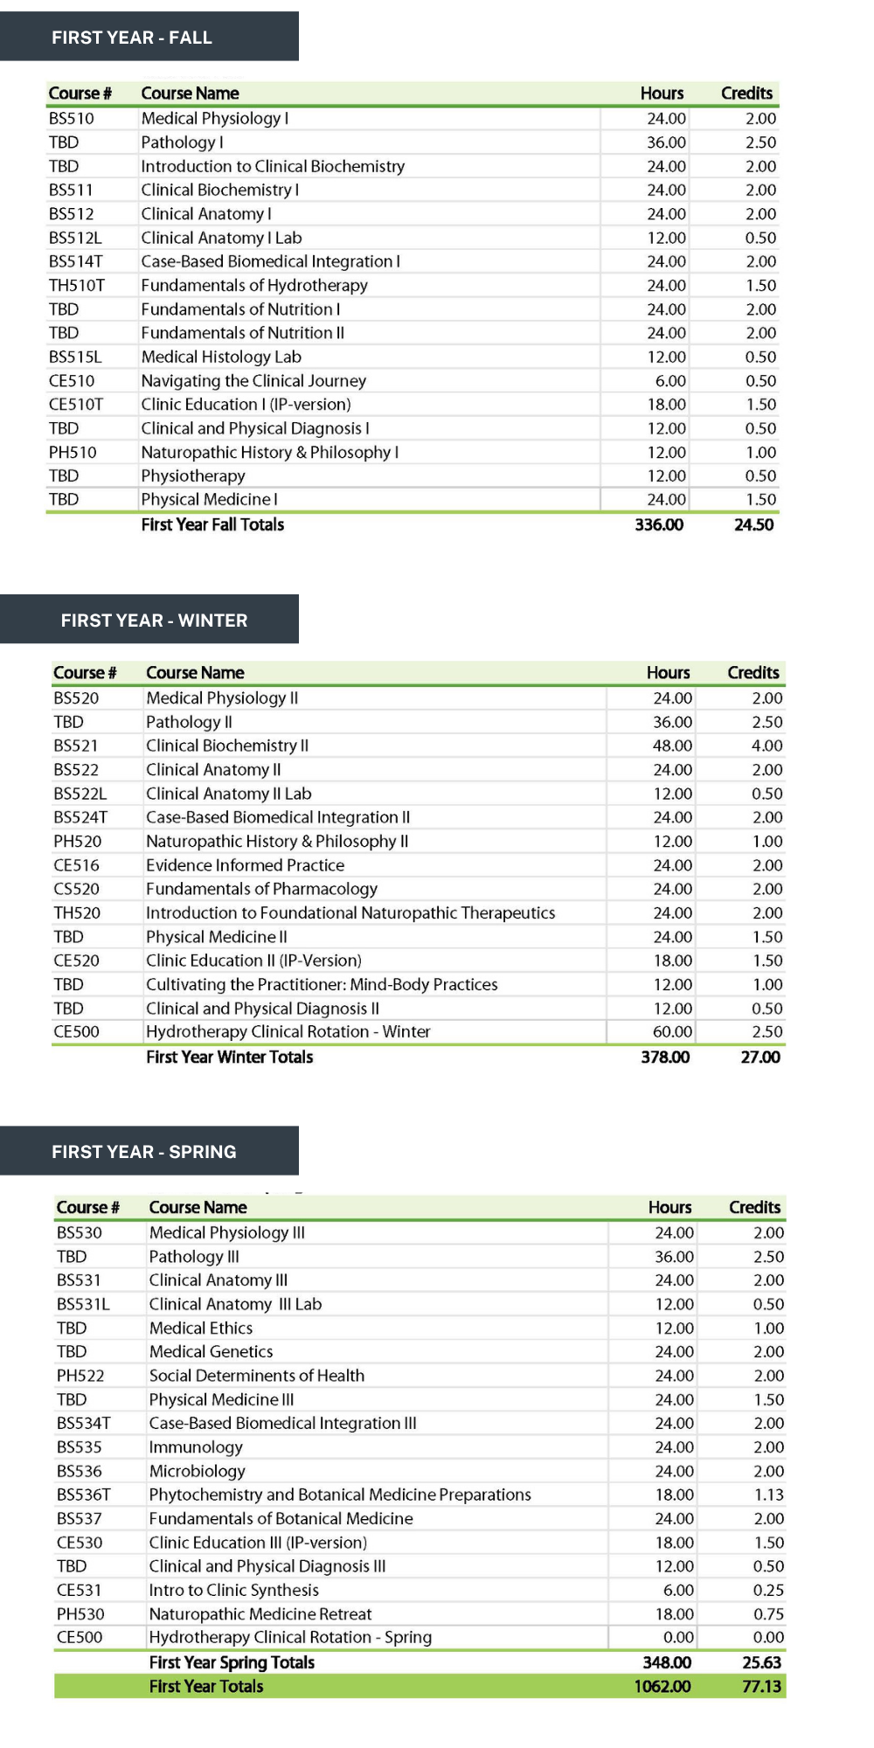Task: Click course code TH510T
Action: coord(76,286)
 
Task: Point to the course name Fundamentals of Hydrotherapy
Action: coord(254,286)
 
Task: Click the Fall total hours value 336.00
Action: coord(659,525)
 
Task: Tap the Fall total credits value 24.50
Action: coord(753,525)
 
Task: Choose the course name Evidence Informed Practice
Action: coord(245,865)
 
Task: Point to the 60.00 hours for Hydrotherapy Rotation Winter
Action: coord(672,1032)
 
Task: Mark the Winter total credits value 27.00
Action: coord(760,1058)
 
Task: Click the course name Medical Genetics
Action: coord(211,1352)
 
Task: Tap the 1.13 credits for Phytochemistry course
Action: coord(768,1495)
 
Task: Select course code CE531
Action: coord(79,1591)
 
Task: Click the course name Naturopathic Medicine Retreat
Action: coord(260,1614)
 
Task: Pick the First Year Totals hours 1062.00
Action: coord(662,1687)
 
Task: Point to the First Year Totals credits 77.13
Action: coord(761,1687)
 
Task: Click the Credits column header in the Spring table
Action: coord(754,1208)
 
